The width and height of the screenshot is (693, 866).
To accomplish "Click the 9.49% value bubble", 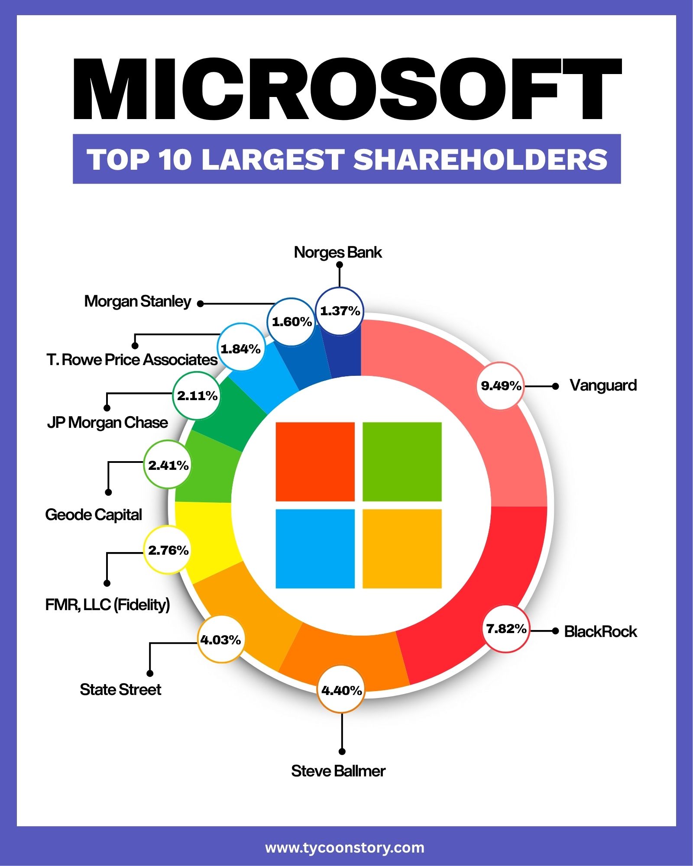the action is tap(501, 386).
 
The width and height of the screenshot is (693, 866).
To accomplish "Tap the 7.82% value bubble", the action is tap(506, 629).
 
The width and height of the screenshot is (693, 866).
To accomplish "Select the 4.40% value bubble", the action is tap(341, 690).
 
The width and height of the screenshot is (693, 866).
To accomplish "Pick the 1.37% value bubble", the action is tap(340, 311).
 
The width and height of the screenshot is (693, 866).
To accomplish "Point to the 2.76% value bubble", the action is tap(168, 550).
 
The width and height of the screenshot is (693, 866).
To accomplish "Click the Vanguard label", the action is tap(603, 385).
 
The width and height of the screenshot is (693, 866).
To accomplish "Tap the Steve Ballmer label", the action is tap(338, 771).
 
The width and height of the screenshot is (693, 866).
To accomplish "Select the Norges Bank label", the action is tap(338, 252).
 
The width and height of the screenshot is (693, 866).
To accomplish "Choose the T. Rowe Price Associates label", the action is tap(132, 359).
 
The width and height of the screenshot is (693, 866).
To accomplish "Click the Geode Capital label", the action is tap(94, 515).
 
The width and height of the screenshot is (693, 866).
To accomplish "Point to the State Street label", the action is tap(120, 689).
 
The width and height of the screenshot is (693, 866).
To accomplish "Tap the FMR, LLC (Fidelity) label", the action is tap(107, 604).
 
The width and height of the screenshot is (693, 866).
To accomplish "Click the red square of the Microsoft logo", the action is tap(315, 462).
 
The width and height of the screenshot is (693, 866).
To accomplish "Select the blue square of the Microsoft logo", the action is tap(315, 549).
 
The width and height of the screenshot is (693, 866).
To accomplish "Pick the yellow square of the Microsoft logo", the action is tap(402, 549).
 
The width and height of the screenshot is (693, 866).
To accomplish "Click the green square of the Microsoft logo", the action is tap(402, 462).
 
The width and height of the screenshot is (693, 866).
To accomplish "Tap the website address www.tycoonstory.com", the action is tap(345, 847).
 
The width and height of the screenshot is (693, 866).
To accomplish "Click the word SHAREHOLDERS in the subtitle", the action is tap(481, 159).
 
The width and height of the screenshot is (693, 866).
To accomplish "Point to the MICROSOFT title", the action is tap(347, 89).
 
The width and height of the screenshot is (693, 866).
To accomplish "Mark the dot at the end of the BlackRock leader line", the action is tap(555, 631).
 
